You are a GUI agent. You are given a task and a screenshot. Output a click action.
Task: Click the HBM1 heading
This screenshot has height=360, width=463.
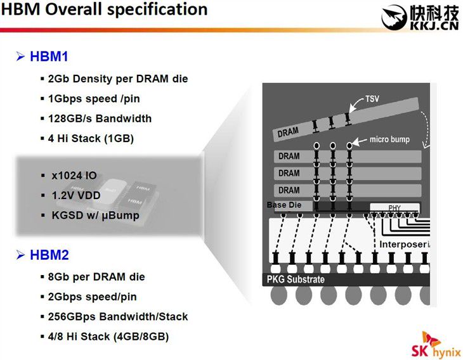(49, 56)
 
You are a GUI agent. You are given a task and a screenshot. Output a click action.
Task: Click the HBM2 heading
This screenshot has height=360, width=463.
(49, 255)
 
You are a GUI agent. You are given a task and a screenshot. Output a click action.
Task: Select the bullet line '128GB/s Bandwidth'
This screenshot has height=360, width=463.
(100, 119)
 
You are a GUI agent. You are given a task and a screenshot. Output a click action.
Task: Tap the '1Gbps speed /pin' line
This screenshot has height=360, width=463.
(94, 99)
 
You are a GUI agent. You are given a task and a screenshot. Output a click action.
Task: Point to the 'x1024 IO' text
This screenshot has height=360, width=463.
(74, 176)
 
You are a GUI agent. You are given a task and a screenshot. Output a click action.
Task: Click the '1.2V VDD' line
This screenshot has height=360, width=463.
(76, 195)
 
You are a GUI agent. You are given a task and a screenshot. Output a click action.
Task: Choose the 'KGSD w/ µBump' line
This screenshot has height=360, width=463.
(95, 215)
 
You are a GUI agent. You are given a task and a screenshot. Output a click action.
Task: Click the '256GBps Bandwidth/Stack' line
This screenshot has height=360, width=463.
(118, 317)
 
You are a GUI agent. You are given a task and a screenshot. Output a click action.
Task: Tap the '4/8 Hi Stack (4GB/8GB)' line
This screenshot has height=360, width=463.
(108, 337)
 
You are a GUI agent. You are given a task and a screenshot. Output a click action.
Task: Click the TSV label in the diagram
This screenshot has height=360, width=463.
(372, 99)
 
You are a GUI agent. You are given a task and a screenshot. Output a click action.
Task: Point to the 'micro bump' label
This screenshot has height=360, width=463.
(389, 139)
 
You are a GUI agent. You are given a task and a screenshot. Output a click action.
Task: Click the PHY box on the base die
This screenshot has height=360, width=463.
(395, 207)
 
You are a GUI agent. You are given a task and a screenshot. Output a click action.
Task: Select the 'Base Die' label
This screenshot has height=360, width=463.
(284, 205)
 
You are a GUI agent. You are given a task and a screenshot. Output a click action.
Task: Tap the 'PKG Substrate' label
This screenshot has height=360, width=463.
(296, 279)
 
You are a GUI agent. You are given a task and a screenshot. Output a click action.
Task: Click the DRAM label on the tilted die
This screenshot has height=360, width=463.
(288, 132)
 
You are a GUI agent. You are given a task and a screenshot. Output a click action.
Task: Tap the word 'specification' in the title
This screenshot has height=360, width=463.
(157, 9)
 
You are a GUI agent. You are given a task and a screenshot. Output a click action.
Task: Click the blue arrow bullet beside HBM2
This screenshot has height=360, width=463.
(20, 255)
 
